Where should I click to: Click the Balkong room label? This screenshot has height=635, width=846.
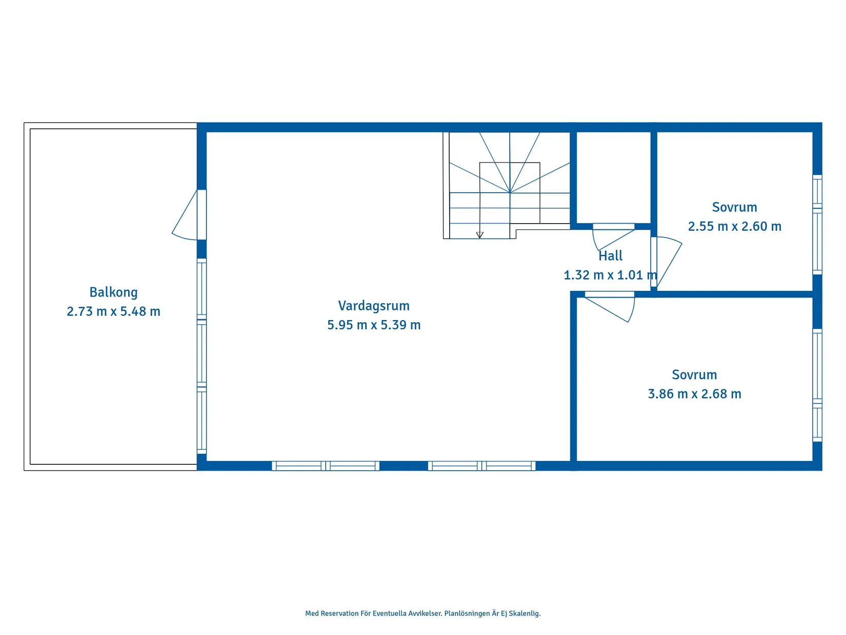(113, 293)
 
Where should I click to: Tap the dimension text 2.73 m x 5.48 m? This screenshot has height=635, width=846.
(113, 311)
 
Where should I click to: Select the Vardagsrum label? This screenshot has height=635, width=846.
(373, 306)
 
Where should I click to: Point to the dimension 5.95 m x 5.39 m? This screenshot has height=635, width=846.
(373, 325)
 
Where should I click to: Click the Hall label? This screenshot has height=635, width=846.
(610, 256)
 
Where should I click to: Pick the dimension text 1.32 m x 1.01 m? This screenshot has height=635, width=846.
(610, 275)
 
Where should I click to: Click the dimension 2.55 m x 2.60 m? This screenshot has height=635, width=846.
(734, 226)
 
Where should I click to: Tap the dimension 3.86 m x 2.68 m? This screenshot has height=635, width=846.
(694, 394)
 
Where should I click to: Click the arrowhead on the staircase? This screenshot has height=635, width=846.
(479, 235)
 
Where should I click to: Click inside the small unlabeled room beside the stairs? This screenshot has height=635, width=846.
(613, 177)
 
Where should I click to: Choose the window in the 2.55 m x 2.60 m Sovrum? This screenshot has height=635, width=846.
(817, 225)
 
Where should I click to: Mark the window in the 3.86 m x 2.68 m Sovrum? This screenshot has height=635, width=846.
(817, 385)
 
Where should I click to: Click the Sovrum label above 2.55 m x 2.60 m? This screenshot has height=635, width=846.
(734, 207)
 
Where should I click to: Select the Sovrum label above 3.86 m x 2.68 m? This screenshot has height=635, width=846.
(694, 375)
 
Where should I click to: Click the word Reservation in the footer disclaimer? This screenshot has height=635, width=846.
(339, 613)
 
